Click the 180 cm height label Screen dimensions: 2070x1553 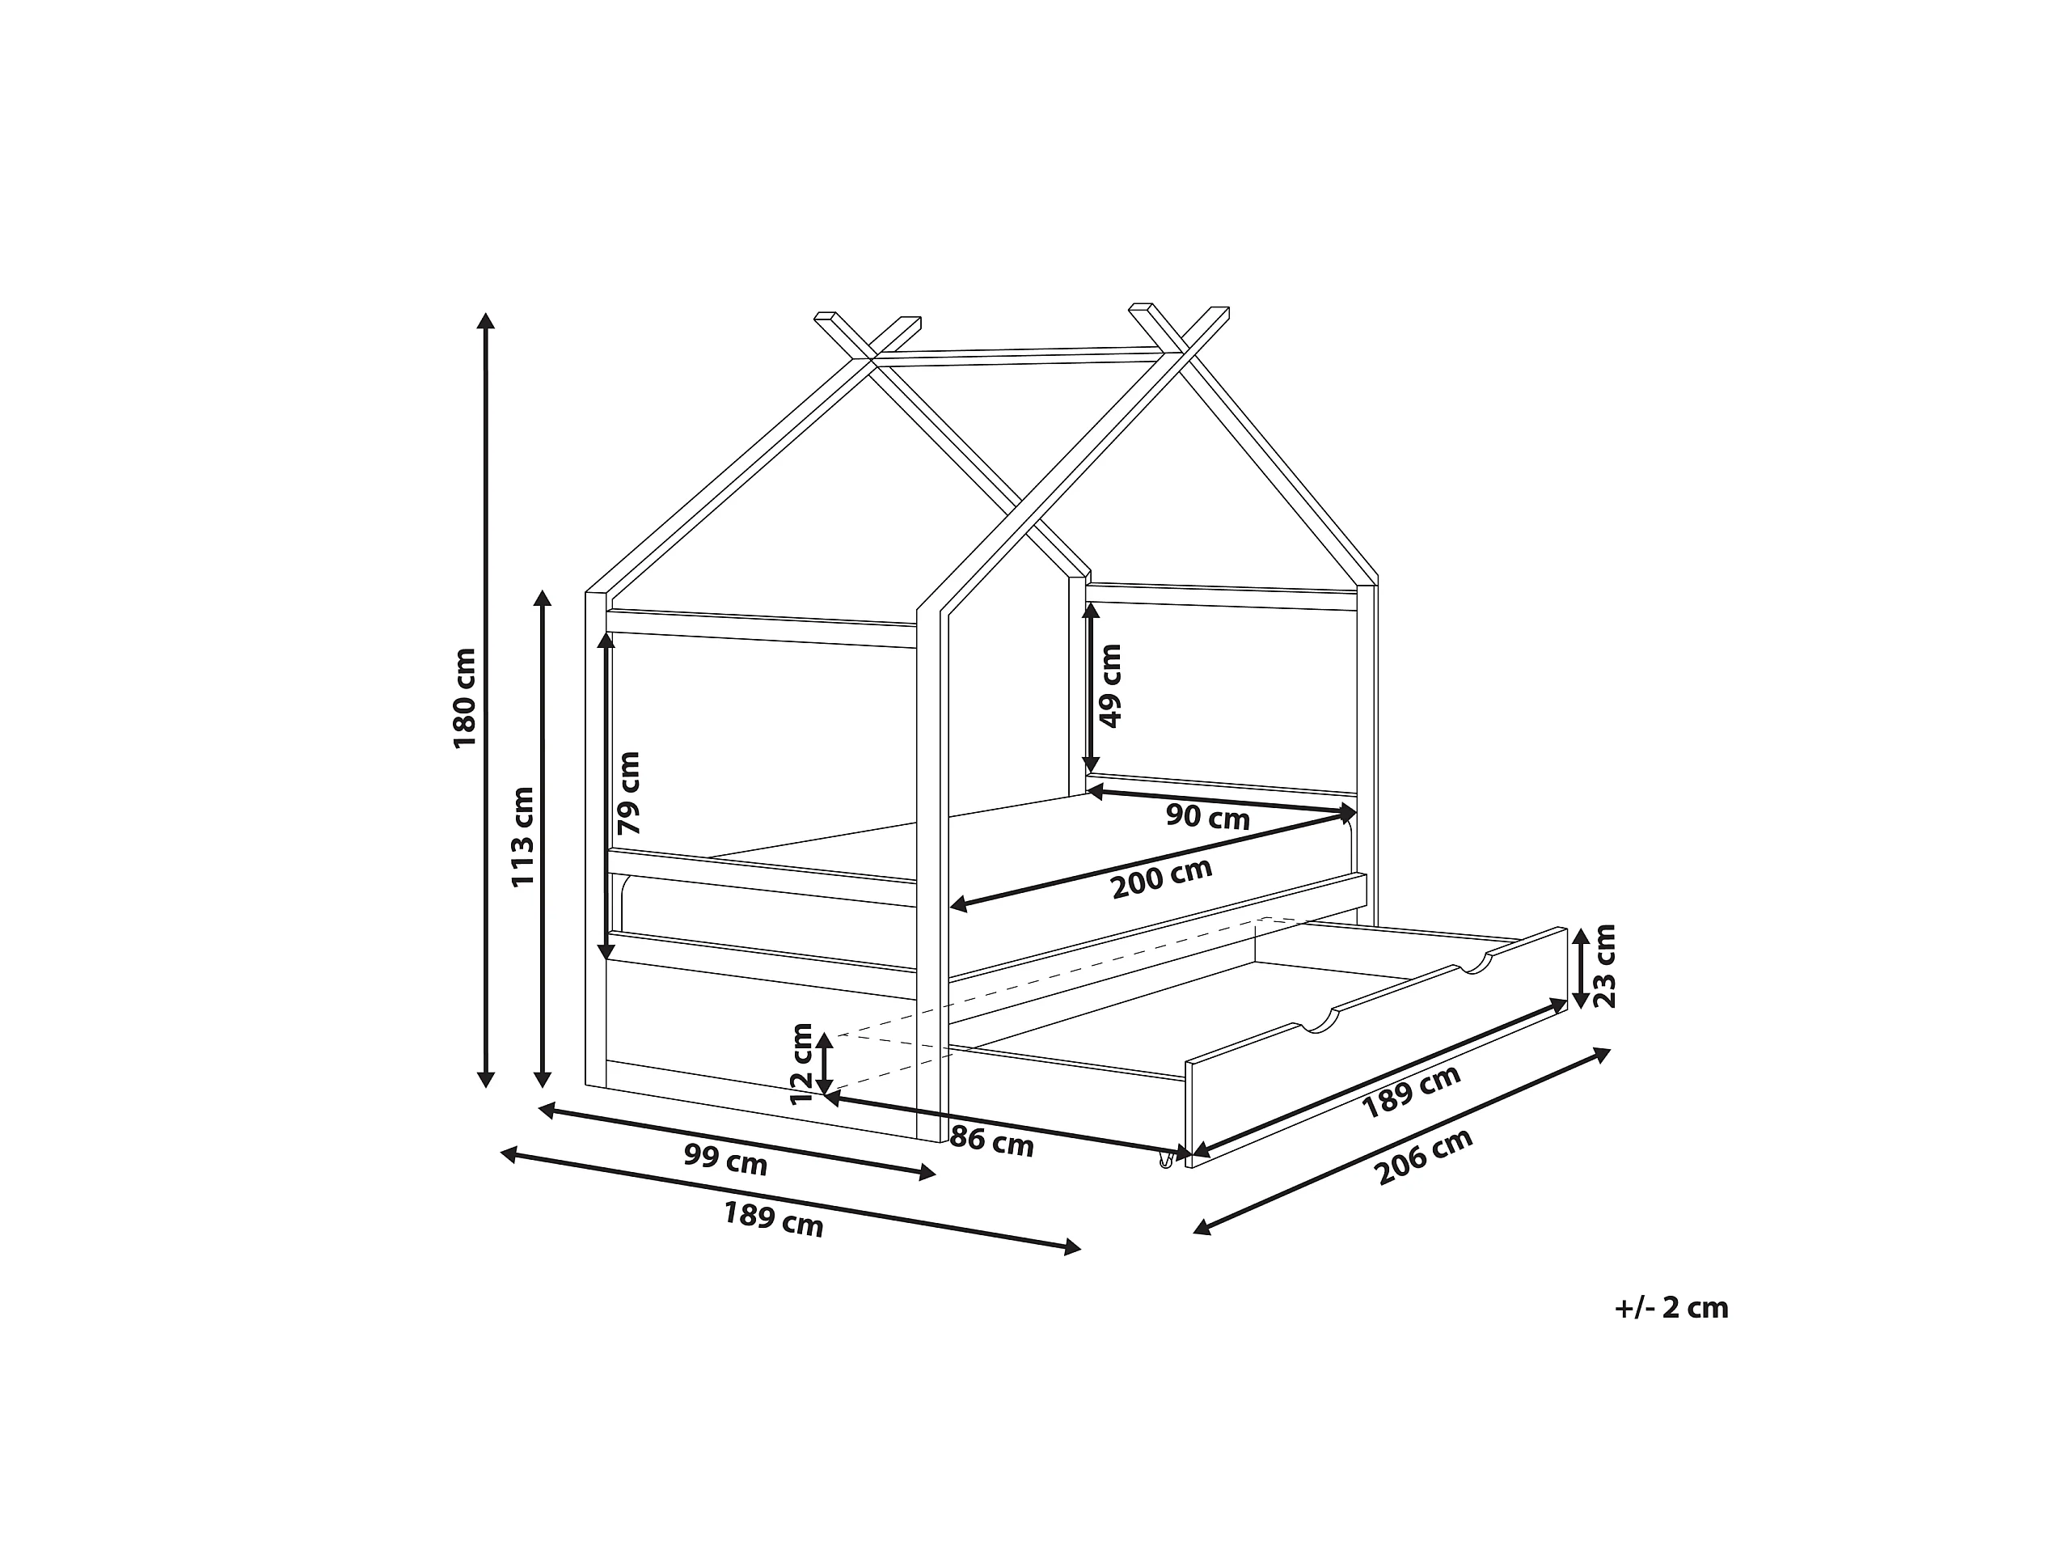click(x=465, y=698)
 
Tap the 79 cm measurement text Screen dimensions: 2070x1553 click(x=629, y=793)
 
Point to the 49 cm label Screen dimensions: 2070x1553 click(x=1110, y=686)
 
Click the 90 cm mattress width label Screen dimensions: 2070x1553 click(x=1207, y=817)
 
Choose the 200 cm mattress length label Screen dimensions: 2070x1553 click(x=1161, y=878)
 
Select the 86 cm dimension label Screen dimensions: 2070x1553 click(x=991, y=1142)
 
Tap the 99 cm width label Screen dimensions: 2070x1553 click(x=725, y=1161)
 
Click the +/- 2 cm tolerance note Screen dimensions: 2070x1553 click(x=1671, y=1308)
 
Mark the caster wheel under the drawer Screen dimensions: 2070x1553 click(x=1166, y=1162)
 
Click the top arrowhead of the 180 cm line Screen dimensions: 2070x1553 click(x=484, y=320)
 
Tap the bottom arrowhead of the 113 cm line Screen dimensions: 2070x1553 click(x=542, y=1078)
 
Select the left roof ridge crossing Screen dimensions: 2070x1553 click(x=873, y=358)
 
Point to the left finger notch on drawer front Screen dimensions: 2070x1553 click(x=1316, y=1024)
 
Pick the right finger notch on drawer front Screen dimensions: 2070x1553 click(x=1474, y=965)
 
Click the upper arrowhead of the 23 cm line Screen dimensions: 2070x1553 click(x=1580, y=935)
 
